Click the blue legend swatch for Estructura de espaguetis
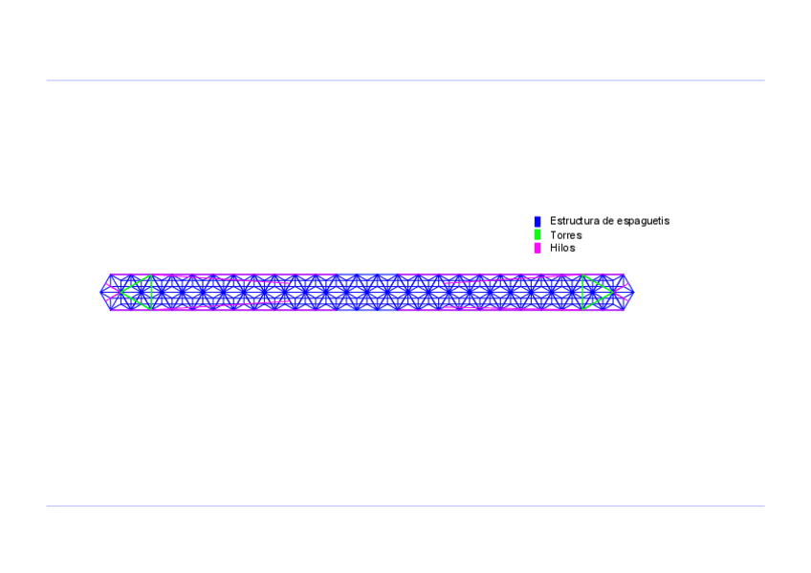pos(537,221)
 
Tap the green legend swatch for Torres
pos(537,234)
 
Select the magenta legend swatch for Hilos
pos(537,248)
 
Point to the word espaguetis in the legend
pos(644,221)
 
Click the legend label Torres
pos(565,234)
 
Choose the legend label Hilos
pos(562,248)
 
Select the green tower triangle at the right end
pos(592,292)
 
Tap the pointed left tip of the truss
pos(100,292)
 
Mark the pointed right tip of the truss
pos(634,292)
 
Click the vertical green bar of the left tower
pos(152,292)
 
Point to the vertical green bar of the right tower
pos(581,292)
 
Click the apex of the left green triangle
pos(121,292)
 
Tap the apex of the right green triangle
pos(613,292)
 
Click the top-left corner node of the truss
pos(111,275)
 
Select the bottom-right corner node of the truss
pos(624,310)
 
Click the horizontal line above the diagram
pos(405,80)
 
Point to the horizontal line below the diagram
pos(405,506)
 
